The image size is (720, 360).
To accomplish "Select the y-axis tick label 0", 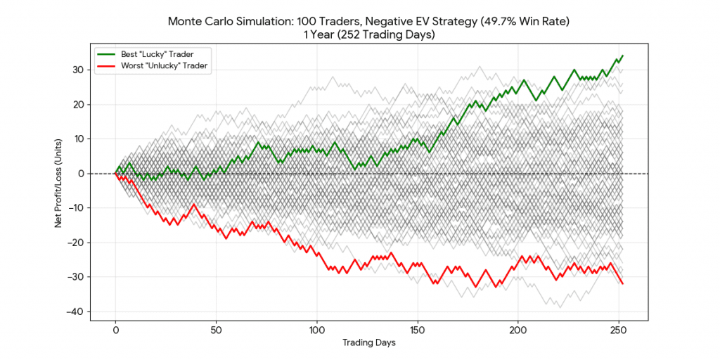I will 81,174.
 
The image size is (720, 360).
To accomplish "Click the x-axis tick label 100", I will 317,329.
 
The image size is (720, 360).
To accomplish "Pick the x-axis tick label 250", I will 619,329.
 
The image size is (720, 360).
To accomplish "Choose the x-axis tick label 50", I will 217,329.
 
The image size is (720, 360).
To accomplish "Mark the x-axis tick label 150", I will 418,329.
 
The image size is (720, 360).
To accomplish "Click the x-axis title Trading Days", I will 368,342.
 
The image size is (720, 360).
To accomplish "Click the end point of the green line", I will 622,56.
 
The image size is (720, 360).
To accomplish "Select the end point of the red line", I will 622,283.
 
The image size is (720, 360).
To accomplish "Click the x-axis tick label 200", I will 518,329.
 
